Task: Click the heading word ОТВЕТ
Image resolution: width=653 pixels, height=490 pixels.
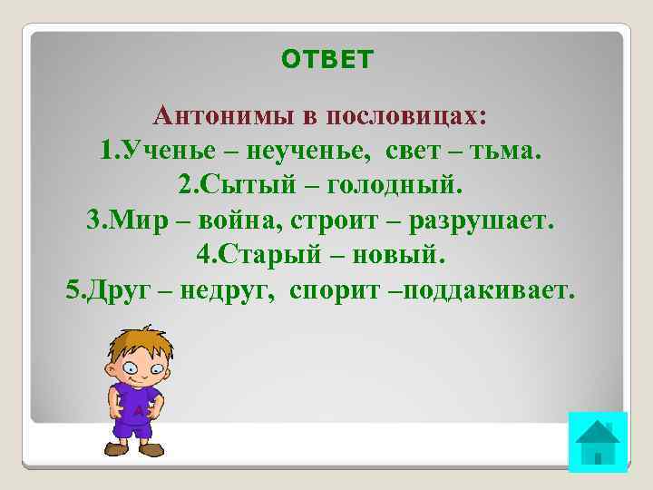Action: tap(326, 60)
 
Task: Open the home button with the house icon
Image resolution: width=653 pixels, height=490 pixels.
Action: tap(597, 442)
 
